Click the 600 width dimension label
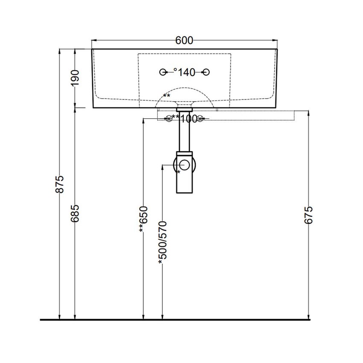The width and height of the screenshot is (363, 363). click(184, 41)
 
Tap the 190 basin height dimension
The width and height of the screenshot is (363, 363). click(75, 78)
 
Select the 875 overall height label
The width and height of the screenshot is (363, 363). click(60, 184)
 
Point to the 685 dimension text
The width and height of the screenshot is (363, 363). click(75, 214)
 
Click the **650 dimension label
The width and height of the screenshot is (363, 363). click(143, 219)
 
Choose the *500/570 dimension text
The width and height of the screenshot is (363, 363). click(163, 243)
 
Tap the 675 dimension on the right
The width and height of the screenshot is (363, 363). click(308, 215)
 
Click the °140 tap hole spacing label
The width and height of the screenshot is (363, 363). click(184, 73)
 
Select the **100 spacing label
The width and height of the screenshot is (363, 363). click(184, 119)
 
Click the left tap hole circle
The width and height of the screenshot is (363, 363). click(163, 72)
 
